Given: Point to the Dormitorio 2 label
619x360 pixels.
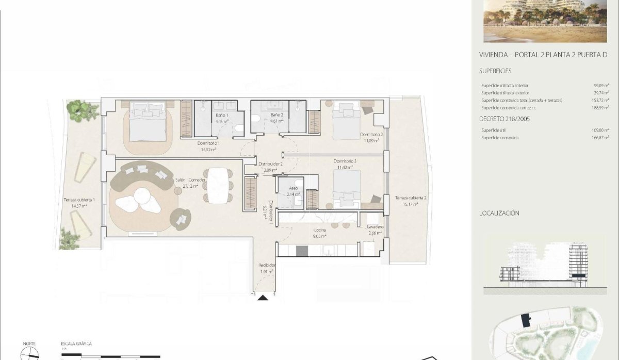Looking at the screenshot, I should pos(371,135).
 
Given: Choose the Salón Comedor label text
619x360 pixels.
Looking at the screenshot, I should pos(190,180).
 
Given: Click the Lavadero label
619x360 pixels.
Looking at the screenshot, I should pos(376,227).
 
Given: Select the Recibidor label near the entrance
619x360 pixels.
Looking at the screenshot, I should pos(266,266).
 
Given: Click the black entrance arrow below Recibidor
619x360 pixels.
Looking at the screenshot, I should pos(263,297).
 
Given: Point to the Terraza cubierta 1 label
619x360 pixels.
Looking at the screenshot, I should pos(79,200).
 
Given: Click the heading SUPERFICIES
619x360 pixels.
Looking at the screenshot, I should pos(495,71).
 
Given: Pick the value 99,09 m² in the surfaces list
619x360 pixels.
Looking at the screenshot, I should pos(601,86).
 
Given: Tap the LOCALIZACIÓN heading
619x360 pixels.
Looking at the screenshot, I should pos(499,213).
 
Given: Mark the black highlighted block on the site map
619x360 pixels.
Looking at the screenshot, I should pos(527,320).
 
